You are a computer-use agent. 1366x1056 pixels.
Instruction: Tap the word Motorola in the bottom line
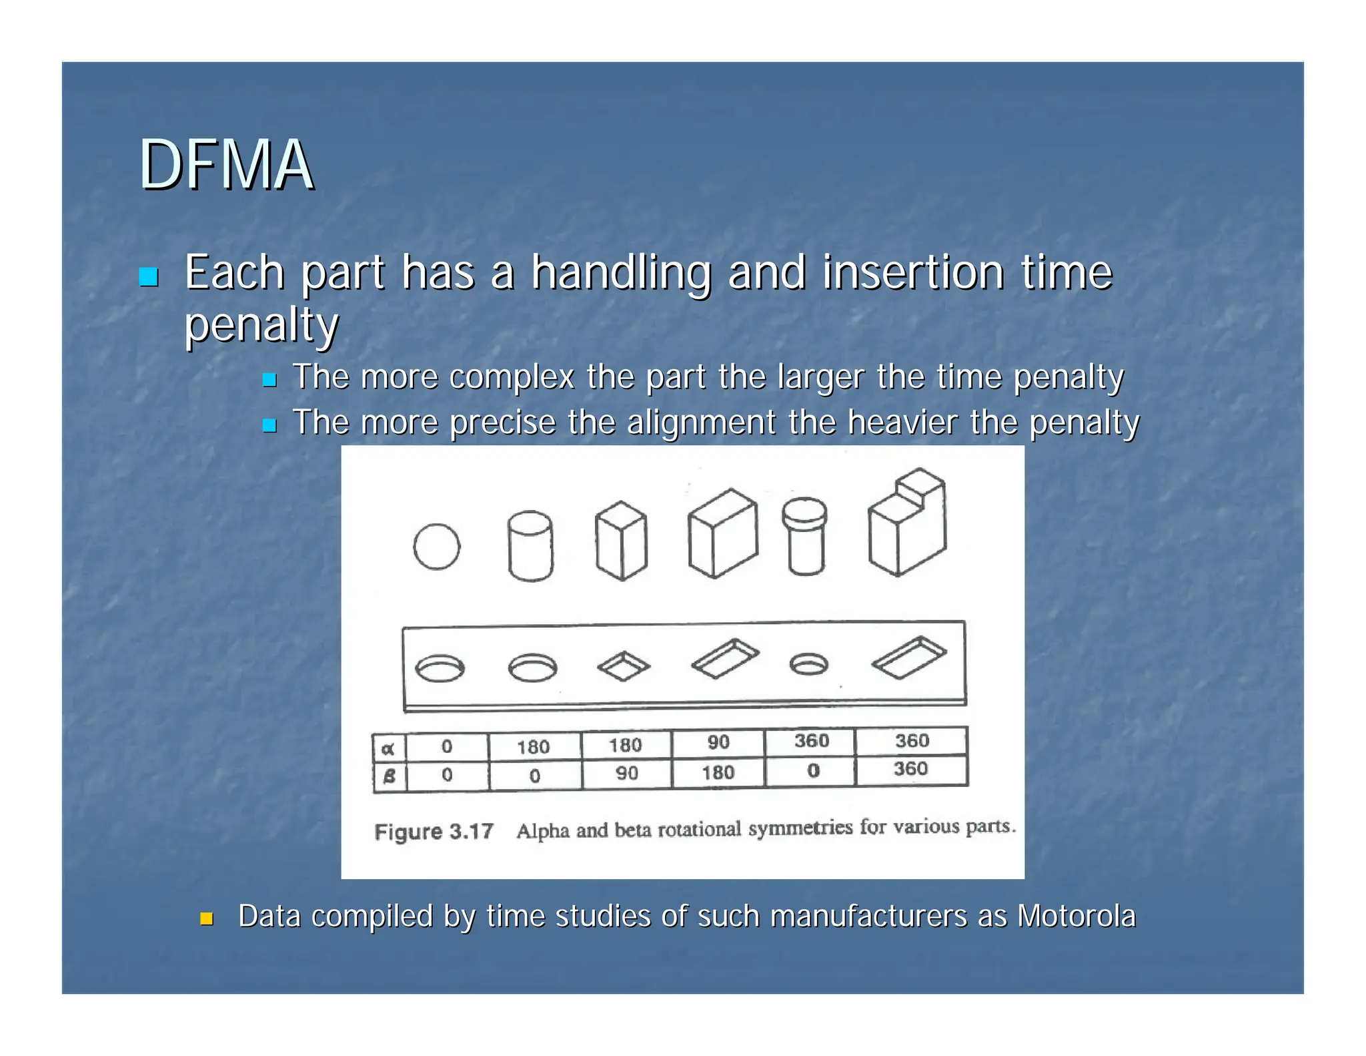[1076, 916]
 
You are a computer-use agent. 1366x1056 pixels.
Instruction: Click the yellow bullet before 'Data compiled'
[207, 919]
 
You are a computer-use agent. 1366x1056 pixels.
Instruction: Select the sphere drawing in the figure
[436, 547]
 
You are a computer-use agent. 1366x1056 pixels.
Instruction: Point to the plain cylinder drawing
[530, 545]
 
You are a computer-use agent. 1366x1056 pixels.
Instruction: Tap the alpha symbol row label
[388, 748]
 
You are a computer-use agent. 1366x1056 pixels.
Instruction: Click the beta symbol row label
[389, 776]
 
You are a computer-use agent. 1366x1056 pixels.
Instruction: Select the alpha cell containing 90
[718, 742]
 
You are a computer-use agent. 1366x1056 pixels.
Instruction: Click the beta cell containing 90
[626, 773]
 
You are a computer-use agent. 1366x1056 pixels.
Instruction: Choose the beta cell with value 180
[718, 772]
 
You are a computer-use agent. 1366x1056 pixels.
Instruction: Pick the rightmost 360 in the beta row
[910, 769]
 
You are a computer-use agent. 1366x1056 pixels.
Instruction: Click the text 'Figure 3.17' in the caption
[434, 832]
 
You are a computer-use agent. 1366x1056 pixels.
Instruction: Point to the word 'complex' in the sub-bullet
[512, 377]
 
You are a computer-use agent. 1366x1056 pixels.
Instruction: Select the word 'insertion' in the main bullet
[912, 272]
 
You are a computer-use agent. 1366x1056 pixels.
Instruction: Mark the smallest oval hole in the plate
[808, 664]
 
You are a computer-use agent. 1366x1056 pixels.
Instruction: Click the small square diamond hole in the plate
[623, 666]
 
